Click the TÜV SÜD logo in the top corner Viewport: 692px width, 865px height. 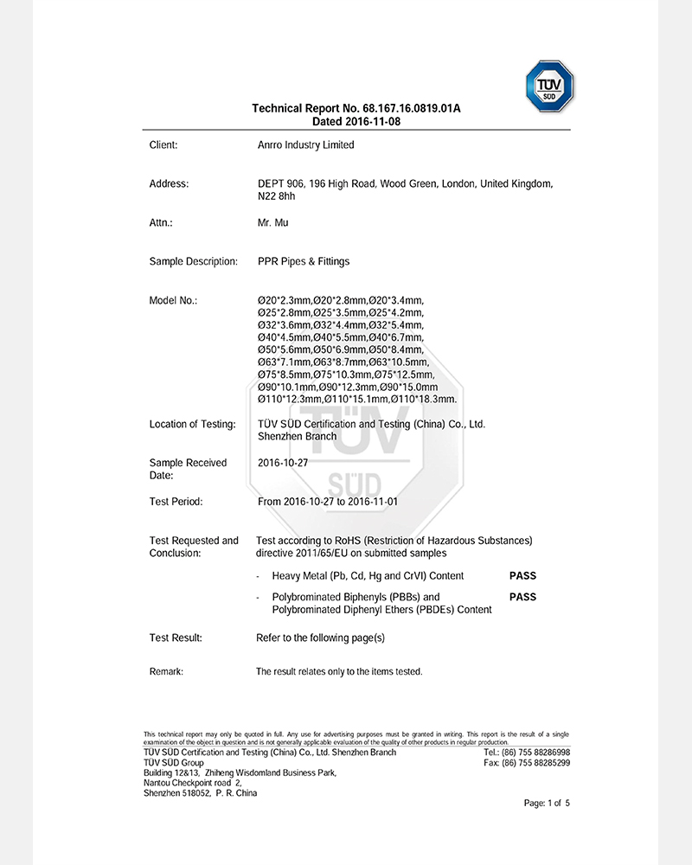coord(550,86)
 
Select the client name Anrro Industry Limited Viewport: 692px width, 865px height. coord(306,145)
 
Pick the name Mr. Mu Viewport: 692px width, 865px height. coord(273,223)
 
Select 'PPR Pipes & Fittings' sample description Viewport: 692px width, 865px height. coord(304,261)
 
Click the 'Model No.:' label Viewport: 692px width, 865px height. coord(173,300)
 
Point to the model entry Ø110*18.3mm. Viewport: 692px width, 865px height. coord(424,400)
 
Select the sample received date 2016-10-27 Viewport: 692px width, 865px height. coord(283,463)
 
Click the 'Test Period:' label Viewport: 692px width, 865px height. coord(176,502)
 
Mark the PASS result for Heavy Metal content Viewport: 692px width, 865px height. coord(522,576)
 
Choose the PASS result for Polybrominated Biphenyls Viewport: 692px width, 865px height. coord(522,597)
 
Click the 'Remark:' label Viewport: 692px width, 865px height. coord(166,672)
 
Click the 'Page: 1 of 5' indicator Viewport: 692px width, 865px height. coord(547,804)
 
